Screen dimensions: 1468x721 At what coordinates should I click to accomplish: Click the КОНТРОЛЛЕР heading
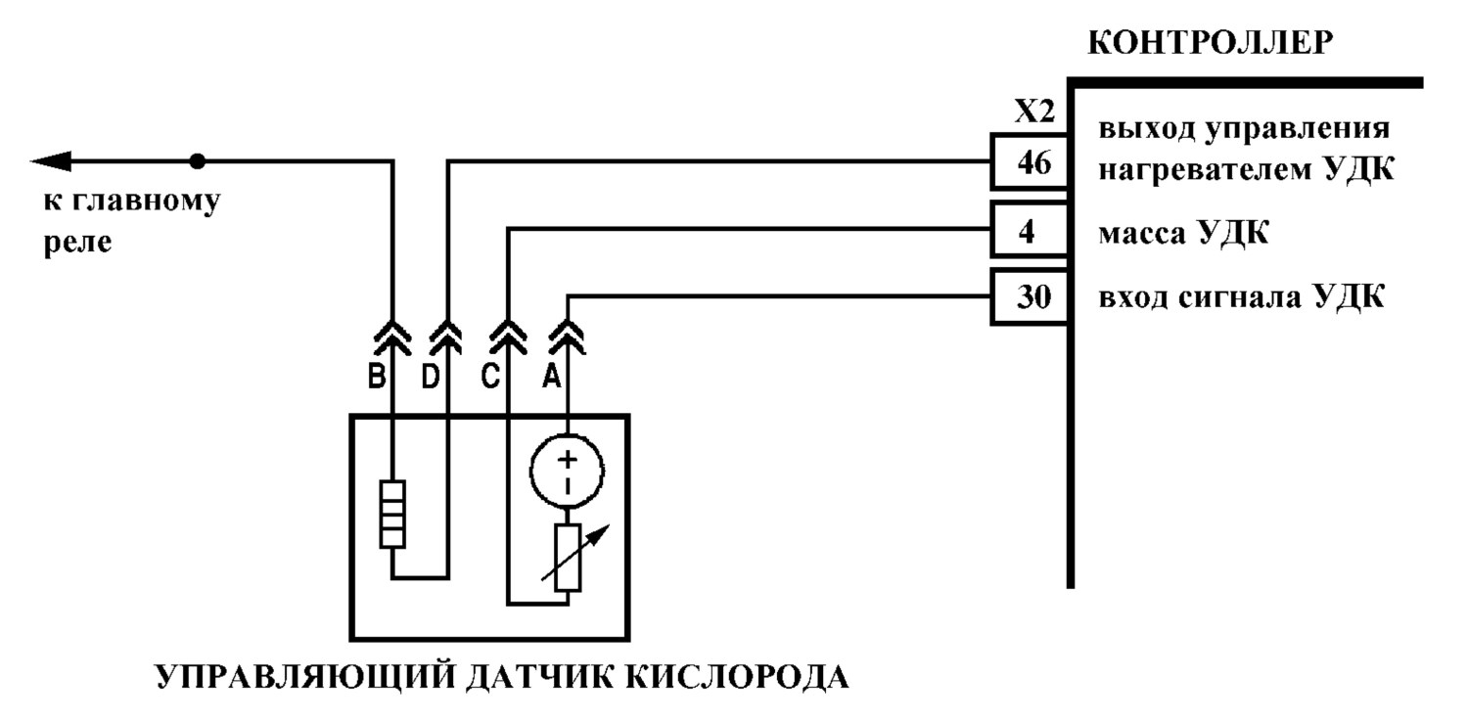coord(1210,43)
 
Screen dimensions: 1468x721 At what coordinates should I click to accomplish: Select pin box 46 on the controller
coord(1030,161)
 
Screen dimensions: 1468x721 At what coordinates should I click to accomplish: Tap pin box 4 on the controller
coord(1030,230)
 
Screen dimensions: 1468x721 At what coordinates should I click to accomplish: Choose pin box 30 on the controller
coord(1030,296)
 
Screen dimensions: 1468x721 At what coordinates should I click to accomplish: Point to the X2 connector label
coord(1034,112)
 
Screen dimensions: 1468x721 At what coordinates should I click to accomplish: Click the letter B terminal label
coord(376,377)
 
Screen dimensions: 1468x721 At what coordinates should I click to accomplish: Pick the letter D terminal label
coord(431,377)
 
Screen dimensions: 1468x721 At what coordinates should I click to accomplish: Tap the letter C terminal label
coord(490,377)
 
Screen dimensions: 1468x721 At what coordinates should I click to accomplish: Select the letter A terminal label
coord(552,377)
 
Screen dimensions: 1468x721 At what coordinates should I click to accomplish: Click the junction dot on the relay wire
coord(198,161)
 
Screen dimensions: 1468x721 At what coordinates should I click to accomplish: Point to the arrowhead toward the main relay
coord(51,161)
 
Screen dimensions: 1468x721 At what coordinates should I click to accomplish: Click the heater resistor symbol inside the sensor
coord(392,514)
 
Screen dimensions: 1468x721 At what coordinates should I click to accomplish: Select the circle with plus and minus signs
coord(567,471)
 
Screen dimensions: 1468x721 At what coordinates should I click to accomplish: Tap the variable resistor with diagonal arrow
coord(569,558)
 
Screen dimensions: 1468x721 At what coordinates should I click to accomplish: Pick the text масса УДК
coord(1183,233)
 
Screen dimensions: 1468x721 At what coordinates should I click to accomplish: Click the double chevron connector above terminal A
coord(568,337)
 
